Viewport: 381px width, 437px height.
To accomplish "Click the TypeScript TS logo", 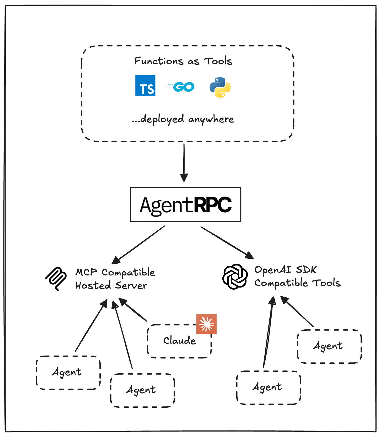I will pyautogui.click(x=145, y=85).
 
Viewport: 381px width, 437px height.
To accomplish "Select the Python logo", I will pyautogui.click(x=220, y=87).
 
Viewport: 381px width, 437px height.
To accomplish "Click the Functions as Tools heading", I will pyautogui.click(x=183, y=61).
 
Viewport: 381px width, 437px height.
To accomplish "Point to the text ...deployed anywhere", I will pyautogui.click(x=183, y=119).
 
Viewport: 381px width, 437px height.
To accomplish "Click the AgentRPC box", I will pyautogui.click(x=186, y=204).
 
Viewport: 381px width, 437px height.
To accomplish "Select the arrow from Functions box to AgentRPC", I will pyautogui.click(x=184, y=162).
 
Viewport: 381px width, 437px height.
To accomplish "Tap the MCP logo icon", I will pyautogui.click(x=56, y=278).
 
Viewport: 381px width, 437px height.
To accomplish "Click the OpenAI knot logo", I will pyautogui.click(x=235, y=276).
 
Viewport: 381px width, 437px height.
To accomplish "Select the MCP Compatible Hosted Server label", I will pyautogui.click(x=115, y=279).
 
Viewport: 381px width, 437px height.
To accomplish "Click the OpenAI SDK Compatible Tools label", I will pyautogui.click(x=297, y=276).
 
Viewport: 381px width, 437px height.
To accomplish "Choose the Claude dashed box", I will pyautogui.click(x=179, y=341).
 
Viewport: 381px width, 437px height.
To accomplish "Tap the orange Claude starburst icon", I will pyautogui.click(x=206, y=324).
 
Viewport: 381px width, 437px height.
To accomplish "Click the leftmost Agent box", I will pyautogui.click(x=68, y=372).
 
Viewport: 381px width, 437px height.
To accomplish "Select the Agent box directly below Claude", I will pyautogui.click(x=142, y=390).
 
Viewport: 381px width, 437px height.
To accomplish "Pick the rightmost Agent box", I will pyautogui.click(x=329, y=346).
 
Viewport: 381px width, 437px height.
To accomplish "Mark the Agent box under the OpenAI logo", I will pyautogui.click(x=268, y=387).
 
